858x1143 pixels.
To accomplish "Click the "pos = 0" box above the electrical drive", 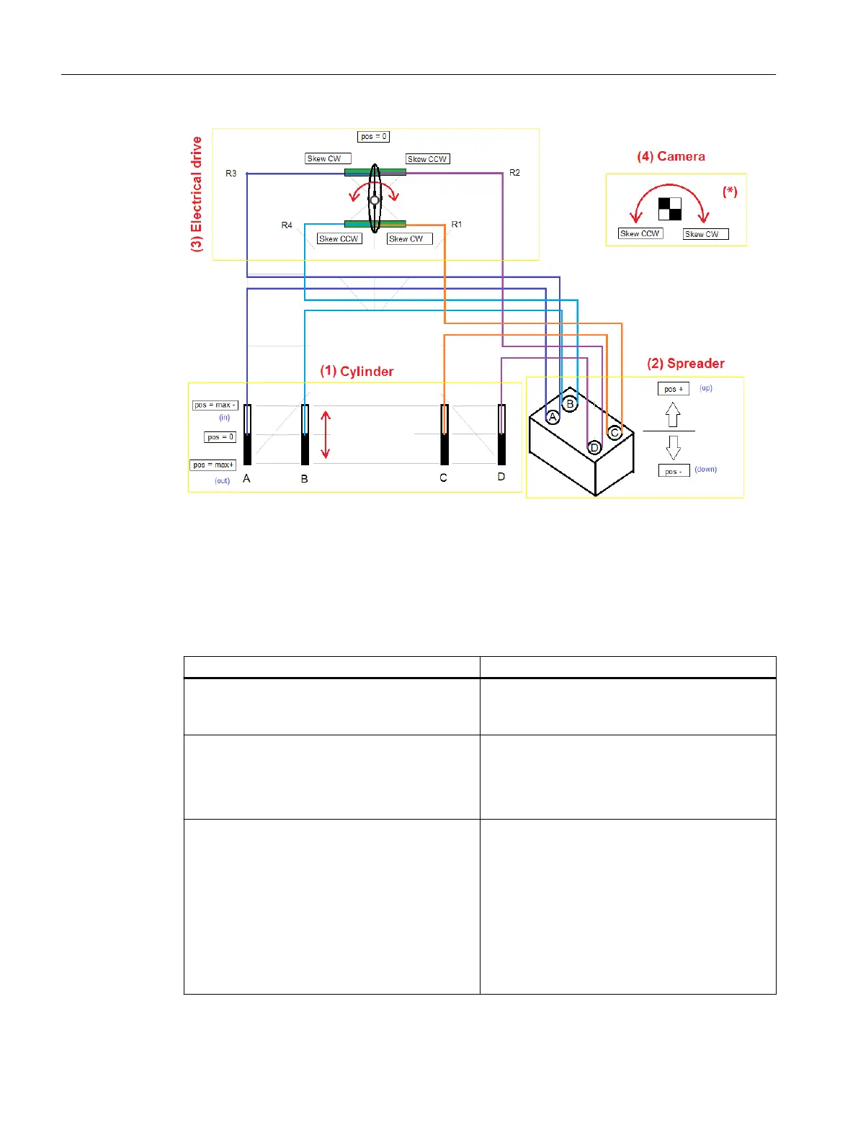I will pyautogui.click(x=373, y=136).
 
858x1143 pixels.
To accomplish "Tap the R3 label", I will pyautogui.click(x=231, y=174).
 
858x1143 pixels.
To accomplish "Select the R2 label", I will pyautogui.click(x=514, y=173).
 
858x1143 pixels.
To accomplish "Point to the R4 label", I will pyautogui.click(x=287, y=225).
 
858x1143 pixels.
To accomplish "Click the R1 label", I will pyautogui.click(x=457, y=225).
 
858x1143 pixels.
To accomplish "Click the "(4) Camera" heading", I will pyautogui.click(x=671, y=156).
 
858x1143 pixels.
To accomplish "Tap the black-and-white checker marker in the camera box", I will pyautogui.click(x=670, y=209).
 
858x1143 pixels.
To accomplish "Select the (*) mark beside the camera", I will pyautogui.click(x=730, y=192).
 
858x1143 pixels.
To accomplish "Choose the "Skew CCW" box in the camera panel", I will pyautogui.click(x=640, y=233).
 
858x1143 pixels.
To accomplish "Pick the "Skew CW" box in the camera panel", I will pyautogui.click(x=705, y=234).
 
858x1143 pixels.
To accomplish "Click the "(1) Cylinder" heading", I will pyautogui.click(x=357, y=371).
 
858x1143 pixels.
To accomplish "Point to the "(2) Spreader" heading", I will pyautogui.click(x=685, y=364).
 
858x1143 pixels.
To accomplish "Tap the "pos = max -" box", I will pyautogui.click(x=215, y=405).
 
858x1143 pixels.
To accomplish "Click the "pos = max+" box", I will pyautogui.click(x=213, y=465).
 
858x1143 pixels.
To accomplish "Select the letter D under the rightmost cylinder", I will pyautogui.click(x=501, y=477).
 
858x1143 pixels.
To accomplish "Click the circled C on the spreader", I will pyautogui.click(x=615, y=433).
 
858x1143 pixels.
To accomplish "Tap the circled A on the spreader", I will pyautogui.click(x=553, y=417).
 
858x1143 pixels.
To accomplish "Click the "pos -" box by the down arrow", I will pyautogui.click(x=674, y=471).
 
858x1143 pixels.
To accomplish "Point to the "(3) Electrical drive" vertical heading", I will pyautogui.click(x=197, y=194).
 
